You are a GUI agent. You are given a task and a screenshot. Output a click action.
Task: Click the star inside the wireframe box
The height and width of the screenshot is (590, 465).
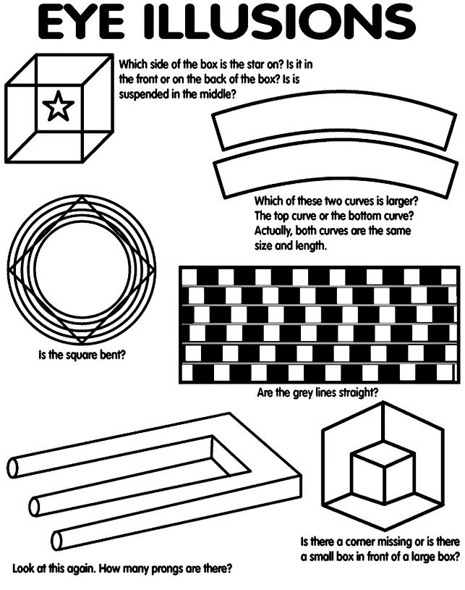click(x=59, y=106)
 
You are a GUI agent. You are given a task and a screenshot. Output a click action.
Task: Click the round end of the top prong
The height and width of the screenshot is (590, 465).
click(x=13, y=468)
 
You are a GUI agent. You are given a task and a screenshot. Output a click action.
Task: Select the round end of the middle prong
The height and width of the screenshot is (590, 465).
click(x=34, y=504)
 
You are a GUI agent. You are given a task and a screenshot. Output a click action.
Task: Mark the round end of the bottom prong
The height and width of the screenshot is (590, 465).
click(x=57, y=539)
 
